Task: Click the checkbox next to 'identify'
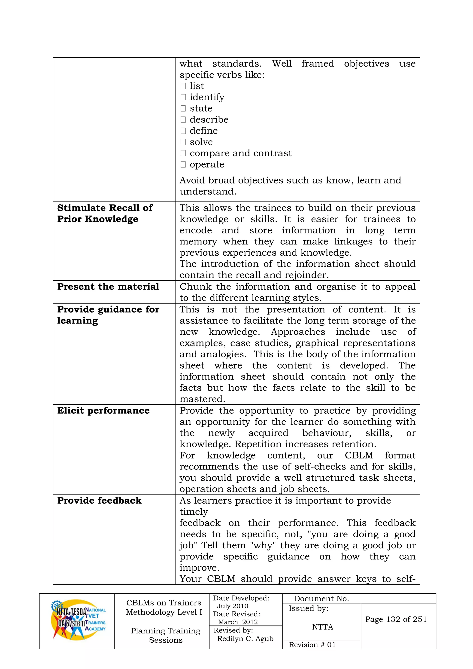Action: click(x=183, y=97)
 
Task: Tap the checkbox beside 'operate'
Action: click(x=183, y=165)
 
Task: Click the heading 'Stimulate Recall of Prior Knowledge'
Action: click(x=105, y=213)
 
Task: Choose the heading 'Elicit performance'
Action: click(x=103, y=411)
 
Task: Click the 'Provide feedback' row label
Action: click(x=99, y=501)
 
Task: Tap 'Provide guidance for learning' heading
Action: click(x=108, y=315)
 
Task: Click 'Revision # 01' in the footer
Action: click(x=312, y=645)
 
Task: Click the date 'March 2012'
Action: click(x=238, y=622)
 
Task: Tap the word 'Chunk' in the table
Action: click(x=195, y=287)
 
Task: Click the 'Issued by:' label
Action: click(x=308, y=608)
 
